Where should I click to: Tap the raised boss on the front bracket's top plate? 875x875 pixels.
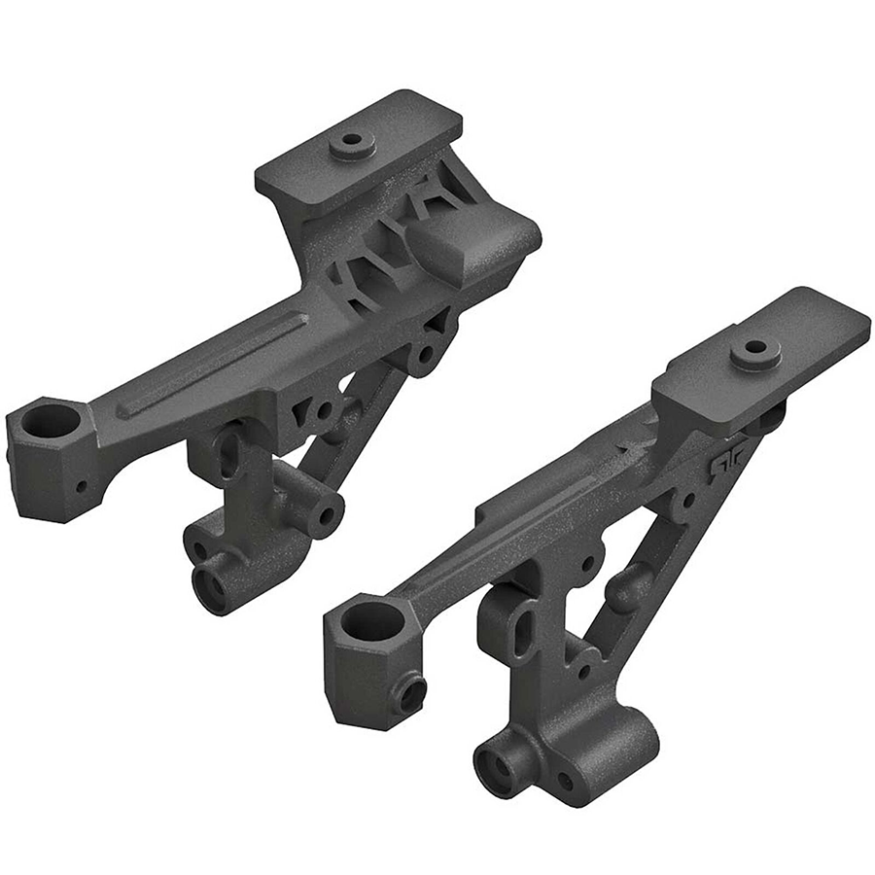[754, 352]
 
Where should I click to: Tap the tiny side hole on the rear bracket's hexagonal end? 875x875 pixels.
[82, 486]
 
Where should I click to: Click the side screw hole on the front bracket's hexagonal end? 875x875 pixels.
[412, 692]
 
